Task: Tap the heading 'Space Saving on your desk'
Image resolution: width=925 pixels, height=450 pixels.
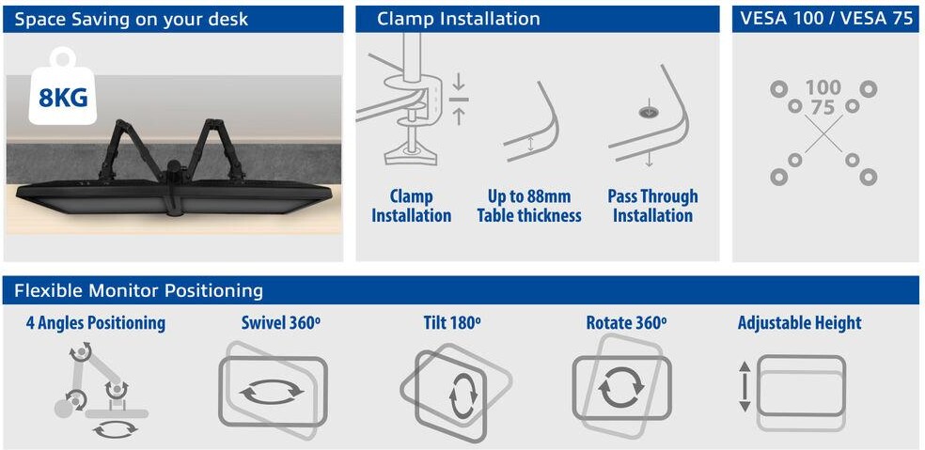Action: point(131,19)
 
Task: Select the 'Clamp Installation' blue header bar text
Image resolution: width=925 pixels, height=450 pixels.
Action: point(459,19)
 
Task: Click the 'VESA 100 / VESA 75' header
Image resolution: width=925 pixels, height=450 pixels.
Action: point(826,18)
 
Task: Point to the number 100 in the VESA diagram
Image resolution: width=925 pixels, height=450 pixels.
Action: point(823,88)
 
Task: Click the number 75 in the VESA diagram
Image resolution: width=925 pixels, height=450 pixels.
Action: point(823,108)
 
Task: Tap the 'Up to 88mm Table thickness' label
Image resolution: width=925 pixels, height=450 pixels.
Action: point(529,205)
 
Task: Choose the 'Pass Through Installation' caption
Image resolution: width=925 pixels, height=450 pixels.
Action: point(652,205)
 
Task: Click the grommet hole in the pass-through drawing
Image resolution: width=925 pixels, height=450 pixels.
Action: point(649,112)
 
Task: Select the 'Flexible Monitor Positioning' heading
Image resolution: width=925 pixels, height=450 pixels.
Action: point(138,290)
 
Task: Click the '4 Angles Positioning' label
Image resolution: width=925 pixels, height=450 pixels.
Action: point(96,323)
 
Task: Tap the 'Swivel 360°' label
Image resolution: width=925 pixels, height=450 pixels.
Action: point(281,322)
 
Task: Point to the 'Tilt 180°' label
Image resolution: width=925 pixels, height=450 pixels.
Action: point(452,322)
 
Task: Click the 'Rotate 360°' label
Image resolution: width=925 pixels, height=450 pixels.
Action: point(626,322)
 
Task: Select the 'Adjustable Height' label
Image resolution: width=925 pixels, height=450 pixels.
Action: point(799,322)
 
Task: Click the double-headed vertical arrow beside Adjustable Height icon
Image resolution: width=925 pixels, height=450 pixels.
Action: point(745,386)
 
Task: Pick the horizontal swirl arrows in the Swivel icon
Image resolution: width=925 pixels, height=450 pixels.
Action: point(272,392)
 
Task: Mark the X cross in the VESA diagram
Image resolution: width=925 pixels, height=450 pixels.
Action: point(823,133)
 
